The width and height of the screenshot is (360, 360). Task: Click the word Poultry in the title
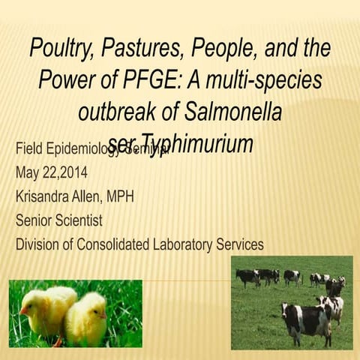[x=59, y=49]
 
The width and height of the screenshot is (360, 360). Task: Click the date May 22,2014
[x=51, y=172]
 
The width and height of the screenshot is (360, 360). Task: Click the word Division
[x=37, y=244]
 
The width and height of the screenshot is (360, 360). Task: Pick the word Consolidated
[x=114, y=244]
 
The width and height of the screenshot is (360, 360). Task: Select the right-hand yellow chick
[x=88, y=317]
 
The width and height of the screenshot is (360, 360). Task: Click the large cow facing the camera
[x=306, y=319]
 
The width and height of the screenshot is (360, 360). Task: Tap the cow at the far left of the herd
[x=246, y=277]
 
